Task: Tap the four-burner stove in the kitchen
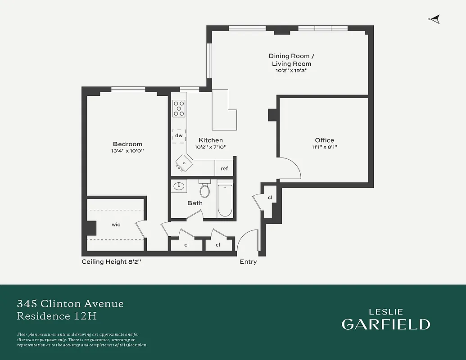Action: pos(179,108)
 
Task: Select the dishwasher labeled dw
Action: pos(179,135)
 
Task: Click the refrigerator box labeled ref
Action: pos(224,168)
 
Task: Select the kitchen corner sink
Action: pos(184,163)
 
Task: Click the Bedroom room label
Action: pos(127,144)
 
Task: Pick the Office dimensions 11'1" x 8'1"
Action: pos(325,147)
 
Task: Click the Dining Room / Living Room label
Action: pos(291,59)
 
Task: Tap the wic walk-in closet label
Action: pos(116,224)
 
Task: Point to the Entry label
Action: pos(248,262)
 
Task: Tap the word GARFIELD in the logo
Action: pos(385,324)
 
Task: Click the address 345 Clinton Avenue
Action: pos(70,304)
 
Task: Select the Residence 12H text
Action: pos(57,316)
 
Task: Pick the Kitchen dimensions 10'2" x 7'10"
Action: pos(210,147)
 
